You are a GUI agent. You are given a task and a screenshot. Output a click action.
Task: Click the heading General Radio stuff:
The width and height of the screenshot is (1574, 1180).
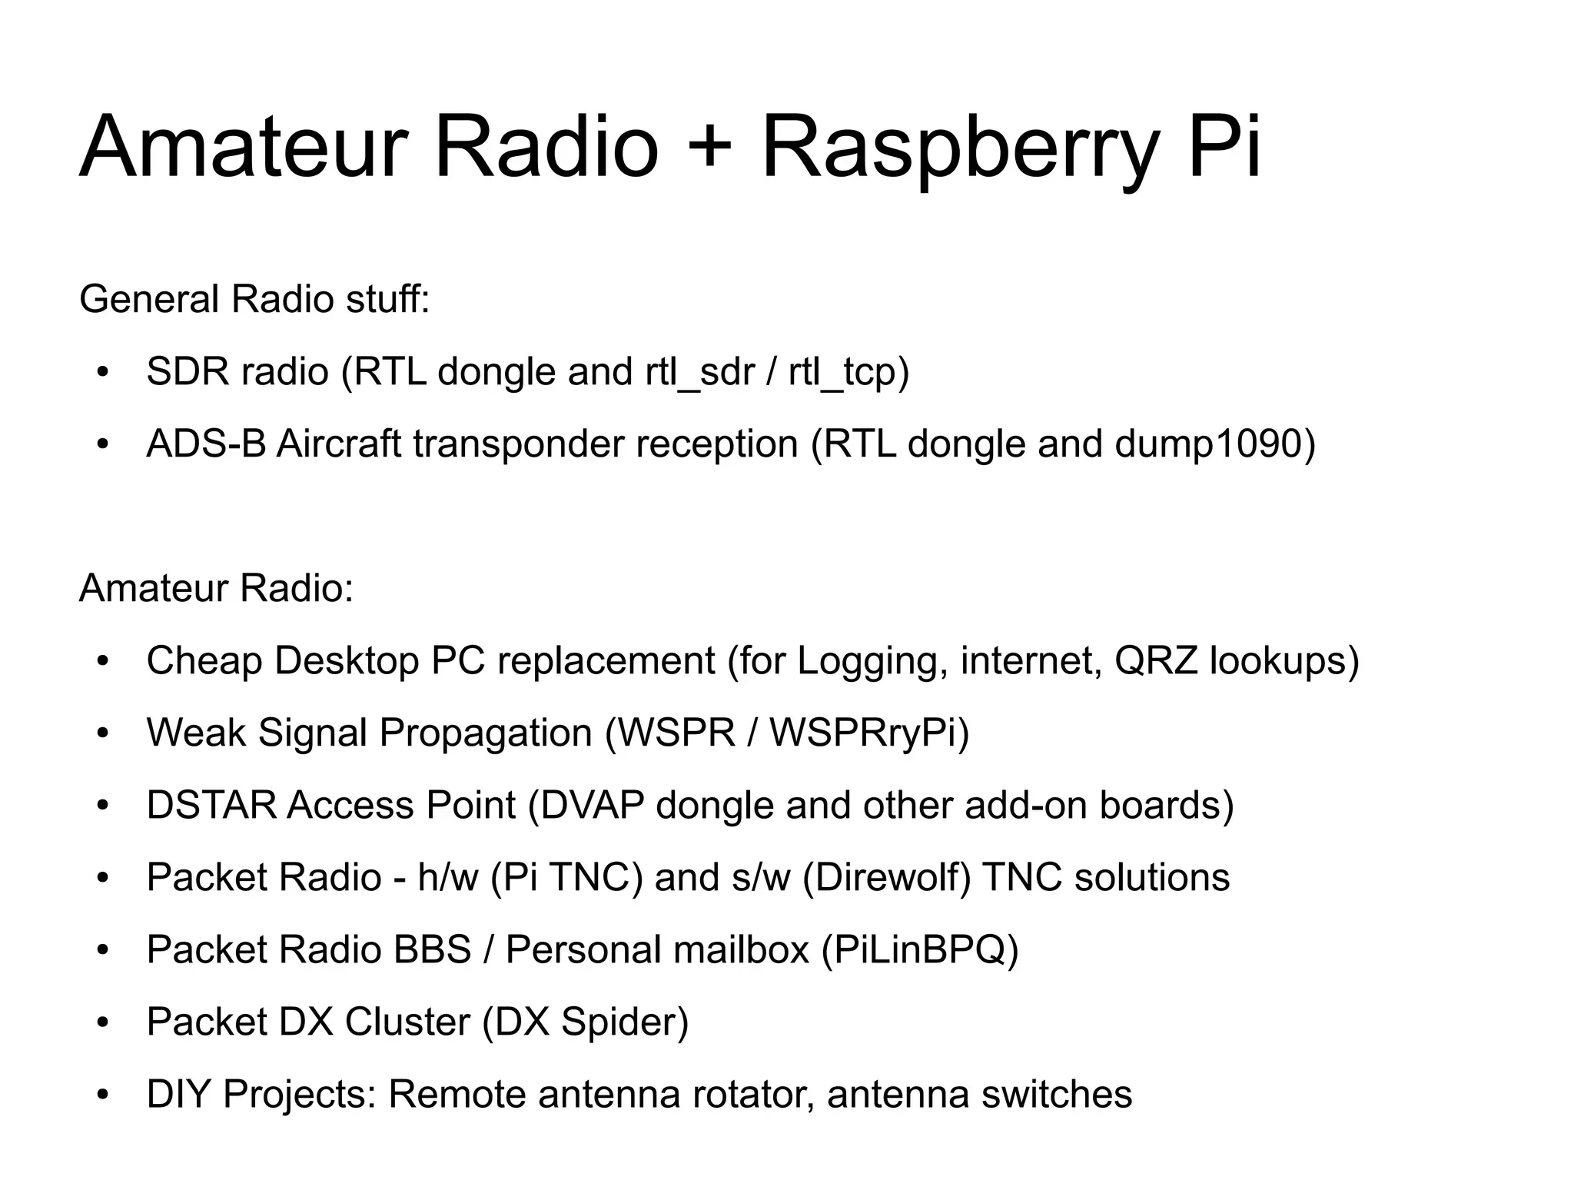click(x=254, y=299)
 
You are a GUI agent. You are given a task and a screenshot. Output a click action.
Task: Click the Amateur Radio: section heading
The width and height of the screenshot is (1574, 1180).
click(x=216, y=589)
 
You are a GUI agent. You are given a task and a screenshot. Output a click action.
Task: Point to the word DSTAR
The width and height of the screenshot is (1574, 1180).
click(x=211, y=806)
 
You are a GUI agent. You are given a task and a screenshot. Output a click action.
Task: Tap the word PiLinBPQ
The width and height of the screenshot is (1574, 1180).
click(x=920, y=950)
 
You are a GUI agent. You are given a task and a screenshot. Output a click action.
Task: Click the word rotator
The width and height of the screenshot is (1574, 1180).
click(x=752, y=1095)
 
